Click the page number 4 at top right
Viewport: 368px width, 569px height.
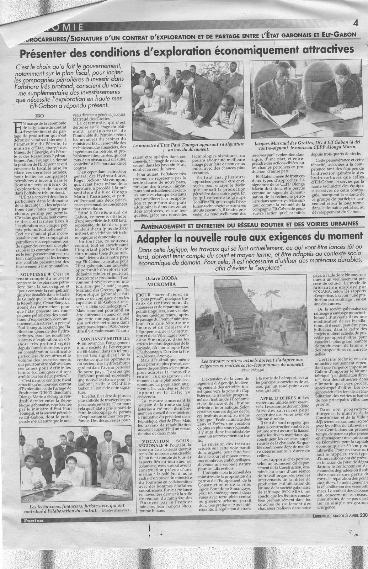coord(356,23)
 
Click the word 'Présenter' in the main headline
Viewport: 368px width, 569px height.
coord(47,54)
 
